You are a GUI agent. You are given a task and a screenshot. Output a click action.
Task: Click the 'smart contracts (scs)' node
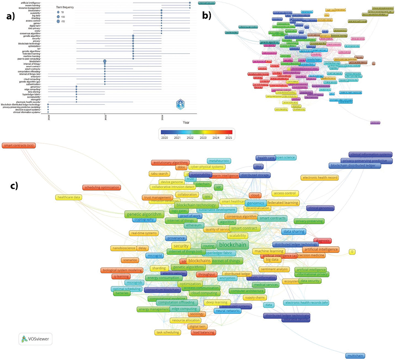tap(19, 145)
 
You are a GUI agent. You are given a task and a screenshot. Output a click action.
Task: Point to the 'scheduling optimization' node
tap(101, 187)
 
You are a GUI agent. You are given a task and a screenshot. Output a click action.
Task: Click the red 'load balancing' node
tap(203, 333)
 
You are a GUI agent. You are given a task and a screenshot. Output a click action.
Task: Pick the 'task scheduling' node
tap(167, 333)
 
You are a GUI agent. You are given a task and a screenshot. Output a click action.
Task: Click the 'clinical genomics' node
tap(320, 208)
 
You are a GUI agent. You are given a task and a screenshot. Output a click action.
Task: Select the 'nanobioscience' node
tap(122, 248)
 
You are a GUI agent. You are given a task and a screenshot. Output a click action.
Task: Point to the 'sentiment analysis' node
tap(274, 269)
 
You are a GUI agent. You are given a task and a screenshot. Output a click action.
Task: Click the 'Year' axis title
tap(186, 122)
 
